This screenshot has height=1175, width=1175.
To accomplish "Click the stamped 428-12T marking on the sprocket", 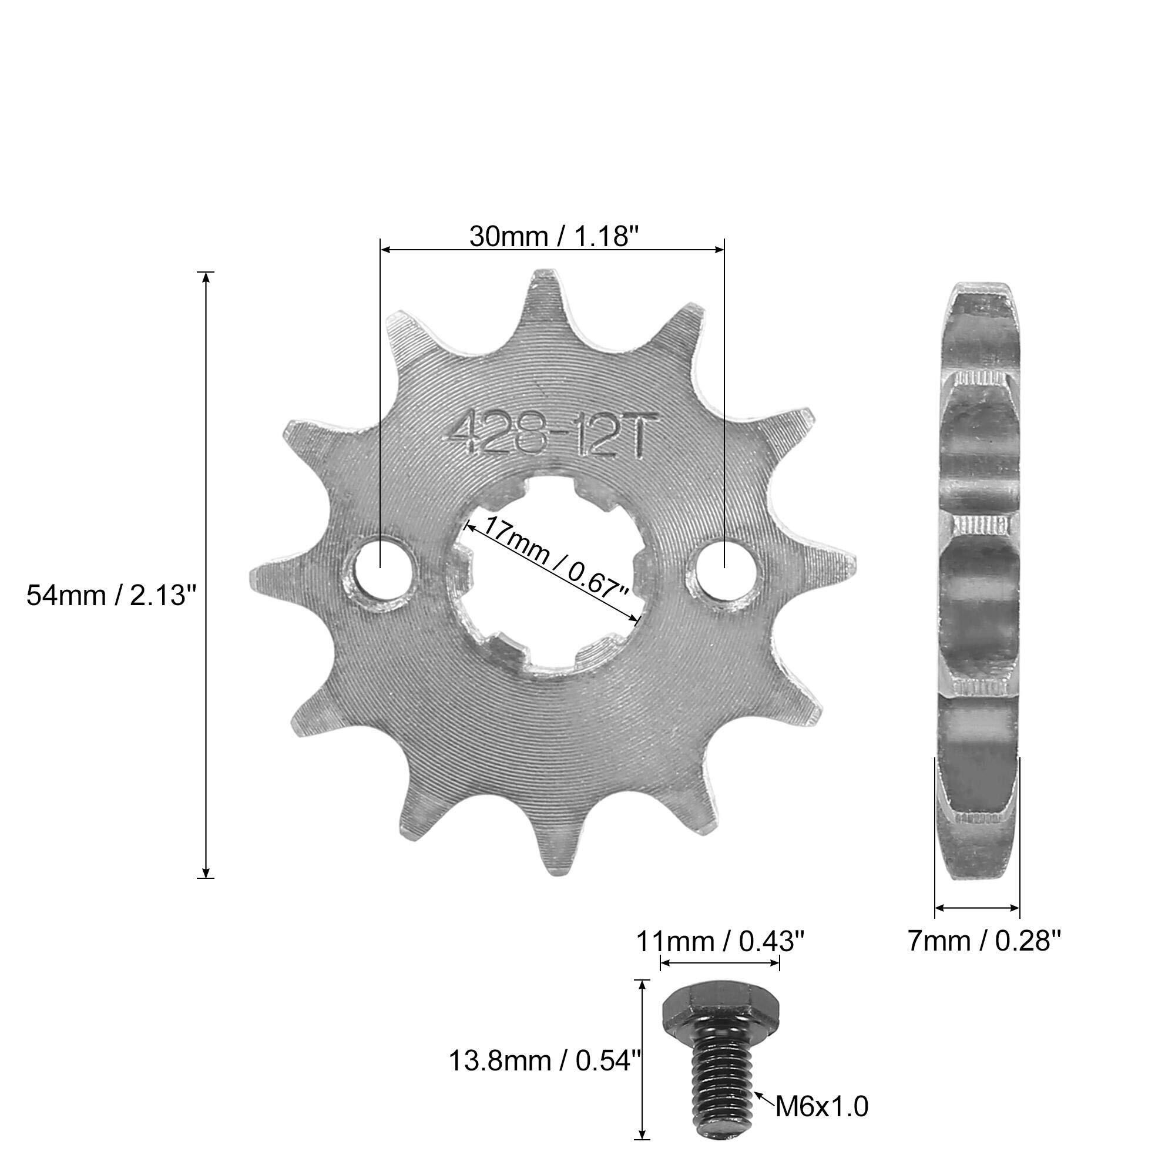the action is tap(545, 435).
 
